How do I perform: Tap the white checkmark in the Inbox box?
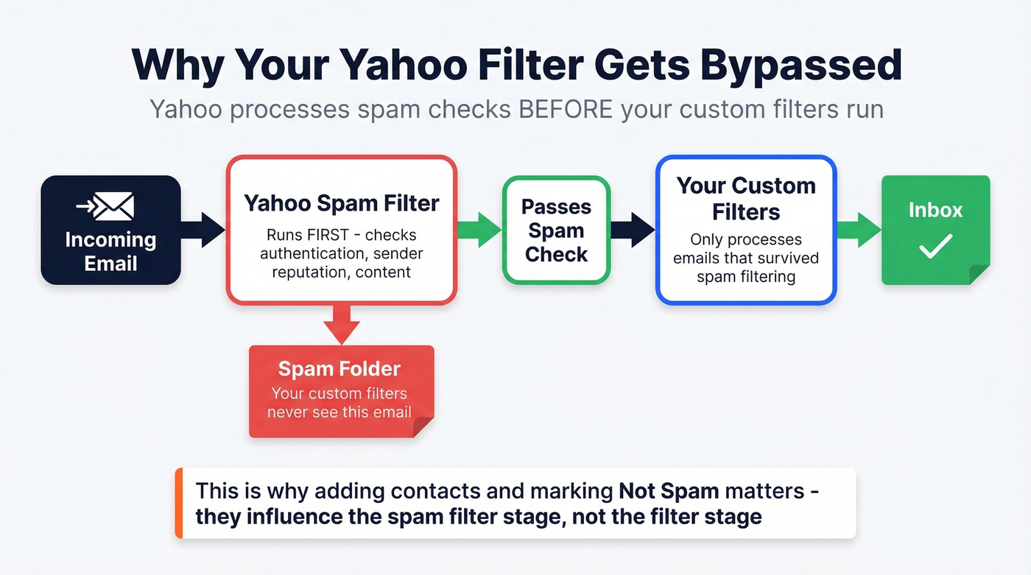[x=935, y=247]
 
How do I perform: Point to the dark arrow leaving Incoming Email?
[x=202, y=230]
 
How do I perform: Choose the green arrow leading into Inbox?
[x=859, y=229]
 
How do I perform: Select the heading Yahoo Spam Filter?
[x=341, y=203]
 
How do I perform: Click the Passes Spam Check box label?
[x=556, y=230]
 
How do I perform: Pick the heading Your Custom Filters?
[x=746, y=199]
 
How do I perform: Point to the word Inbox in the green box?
[x=935, y=210]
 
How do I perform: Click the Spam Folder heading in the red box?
[x=339, y=369]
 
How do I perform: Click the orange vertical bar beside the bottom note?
[x=179, y=503]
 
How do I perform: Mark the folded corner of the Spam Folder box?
[x=423, y=426]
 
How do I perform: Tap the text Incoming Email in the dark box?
[x=110, y=251]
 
